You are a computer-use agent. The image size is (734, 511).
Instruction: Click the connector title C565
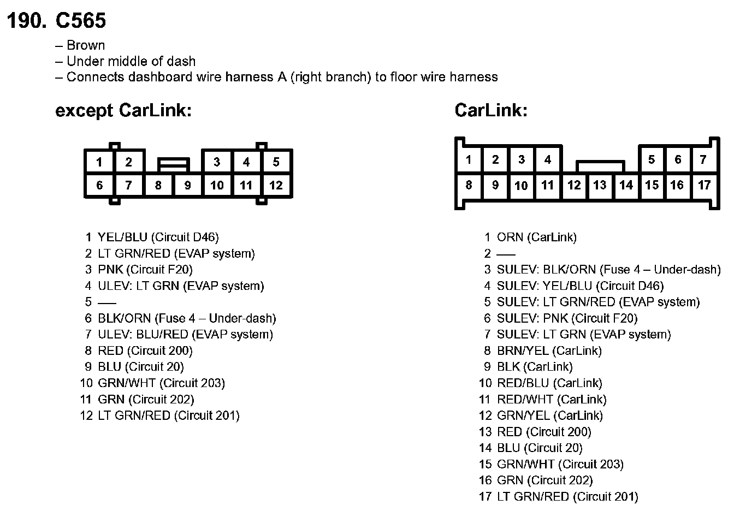click(x=80, y=21)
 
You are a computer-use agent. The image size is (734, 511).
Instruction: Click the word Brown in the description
click(x=86, y=45)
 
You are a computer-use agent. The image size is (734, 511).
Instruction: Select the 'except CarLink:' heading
click(x=123, y=111)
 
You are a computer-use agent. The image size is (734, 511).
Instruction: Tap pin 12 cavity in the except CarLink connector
click(x=276, y=185)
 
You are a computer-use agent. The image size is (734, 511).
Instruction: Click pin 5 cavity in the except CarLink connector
click(x=276, y=162)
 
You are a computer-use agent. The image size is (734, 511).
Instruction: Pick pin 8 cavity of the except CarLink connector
click(x=158, y=185)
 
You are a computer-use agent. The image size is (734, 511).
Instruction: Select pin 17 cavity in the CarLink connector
click(x=704, y=185)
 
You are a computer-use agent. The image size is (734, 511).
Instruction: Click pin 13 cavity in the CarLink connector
click(x=600, y=185)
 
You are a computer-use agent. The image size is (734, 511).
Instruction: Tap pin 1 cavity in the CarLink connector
click(x=468, y=160)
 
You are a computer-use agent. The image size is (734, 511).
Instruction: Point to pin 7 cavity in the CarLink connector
click(x=703, y=160)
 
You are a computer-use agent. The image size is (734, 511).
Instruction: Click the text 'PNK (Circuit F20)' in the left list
click(x=145, y=269)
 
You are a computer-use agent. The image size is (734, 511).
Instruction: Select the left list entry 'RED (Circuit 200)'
click(x=145, y=350)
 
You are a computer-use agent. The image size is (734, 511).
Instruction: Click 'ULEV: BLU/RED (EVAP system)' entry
click(x=185, y=334)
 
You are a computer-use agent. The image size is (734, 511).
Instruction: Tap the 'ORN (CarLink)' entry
click(x=536, y=237)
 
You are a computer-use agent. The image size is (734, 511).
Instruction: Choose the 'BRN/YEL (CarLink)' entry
click(x=549, y=350)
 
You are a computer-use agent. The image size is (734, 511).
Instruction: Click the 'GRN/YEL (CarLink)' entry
click(x=549, y=415)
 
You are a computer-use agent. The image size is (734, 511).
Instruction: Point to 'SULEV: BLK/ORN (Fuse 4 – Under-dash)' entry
click(x=608, y=269)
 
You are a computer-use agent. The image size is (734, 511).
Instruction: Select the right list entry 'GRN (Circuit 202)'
click(x=544, y=480)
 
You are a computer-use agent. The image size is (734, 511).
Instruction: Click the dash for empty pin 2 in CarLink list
click(x=506, y=253)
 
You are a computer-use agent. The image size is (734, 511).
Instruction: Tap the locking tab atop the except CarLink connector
click(x=174, y=163)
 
